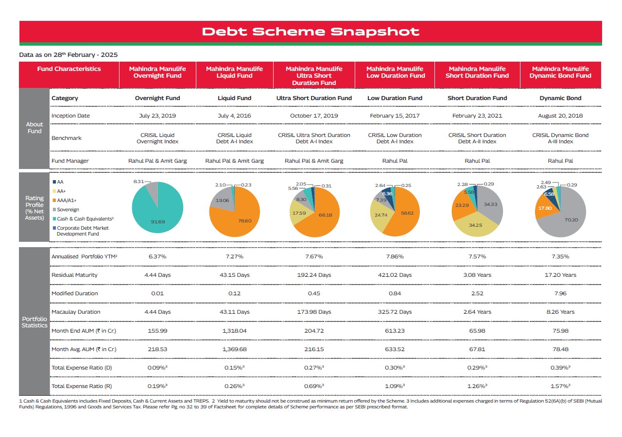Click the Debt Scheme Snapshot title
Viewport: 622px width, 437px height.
(x=311, y=32)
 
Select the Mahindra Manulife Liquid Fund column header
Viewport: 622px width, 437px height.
(x=234, y=72)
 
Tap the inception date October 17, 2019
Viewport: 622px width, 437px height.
(x=314, y=116)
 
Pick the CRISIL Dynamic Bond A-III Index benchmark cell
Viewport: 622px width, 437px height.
(x=560, y=138)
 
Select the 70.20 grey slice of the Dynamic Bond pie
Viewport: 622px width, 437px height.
(x=567, y=219)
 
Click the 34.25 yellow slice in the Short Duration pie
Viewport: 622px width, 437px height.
(x=475, y=225)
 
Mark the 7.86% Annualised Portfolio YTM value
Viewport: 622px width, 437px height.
(x=395, y=257)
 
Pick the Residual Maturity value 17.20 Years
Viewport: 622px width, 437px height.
(x=560, y=275)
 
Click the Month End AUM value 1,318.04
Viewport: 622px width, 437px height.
(x=234, y=331)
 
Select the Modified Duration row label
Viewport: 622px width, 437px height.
(x=75, y=294)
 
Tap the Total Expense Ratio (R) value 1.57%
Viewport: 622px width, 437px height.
(x=560, y=386)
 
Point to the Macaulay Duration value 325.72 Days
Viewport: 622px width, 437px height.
(x=395, y=312)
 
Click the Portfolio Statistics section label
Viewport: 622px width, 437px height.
(x=35, y=322)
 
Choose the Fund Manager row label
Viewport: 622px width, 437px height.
(x=70, y=161)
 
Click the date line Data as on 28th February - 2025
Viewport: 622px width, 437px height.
(x=69, y=55)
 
